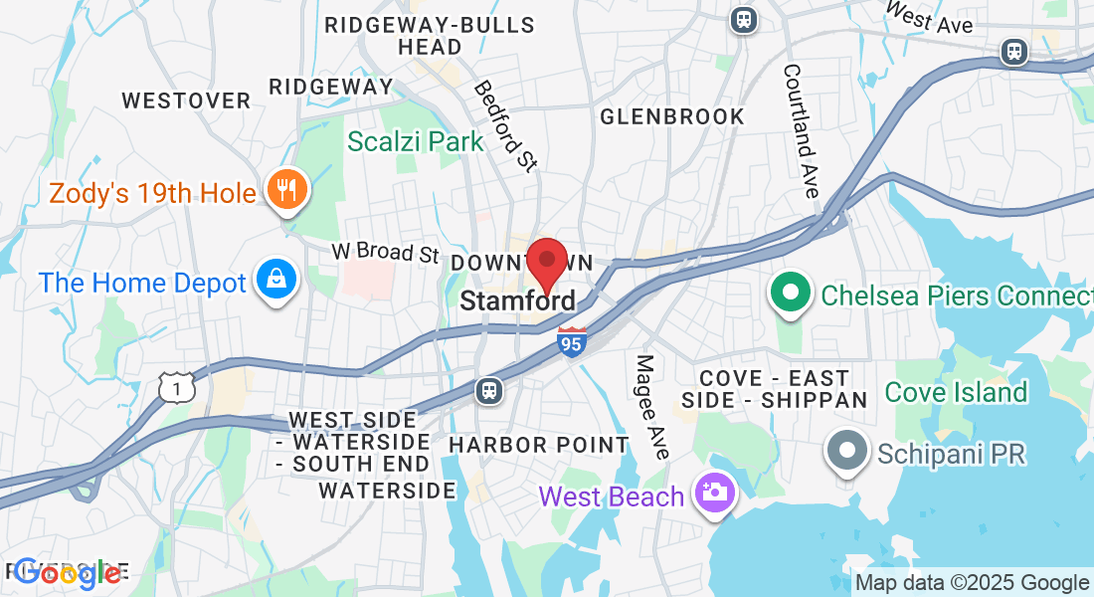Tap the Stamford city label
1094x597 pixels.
pyautogui.click(x=518, y=300)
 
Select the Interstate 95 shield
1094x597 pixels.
pyautogui.click(x=571, y=341)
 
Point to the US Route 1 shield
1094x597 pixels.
pyautogui.click(x=177, y=386)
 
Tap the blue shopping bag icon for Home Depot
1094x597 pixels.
pyautogui.click(x=273, y=283)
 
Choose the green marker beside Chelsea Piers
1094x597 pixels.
pyautogui.click(x=791, y=296)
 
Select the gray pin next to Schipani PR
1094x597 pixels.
pyautogui.click(x=848, y=454)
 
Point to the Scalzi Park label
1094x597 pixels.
pyautogui.click(x=416, y=141)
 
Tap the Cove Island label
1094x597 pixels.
pyautogui.click(x=956, y=392)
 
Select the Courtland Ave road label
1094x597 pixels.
pyautogui.click(x=800, y=130)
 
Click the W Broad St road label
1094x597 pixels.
pyautogui.click(x=385, y=251)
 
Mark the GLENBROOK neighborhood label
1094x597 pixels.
pyautogui.click(x=672, y=116)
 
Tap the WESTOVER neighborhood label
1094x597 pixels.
pyautogui.click(x=186, y=100)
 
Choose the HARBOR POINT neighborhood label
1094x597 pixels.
pyautogui.click(x=539, y=445)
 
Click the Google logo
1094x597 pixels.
pyautogui.click(x=68, y=572)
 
